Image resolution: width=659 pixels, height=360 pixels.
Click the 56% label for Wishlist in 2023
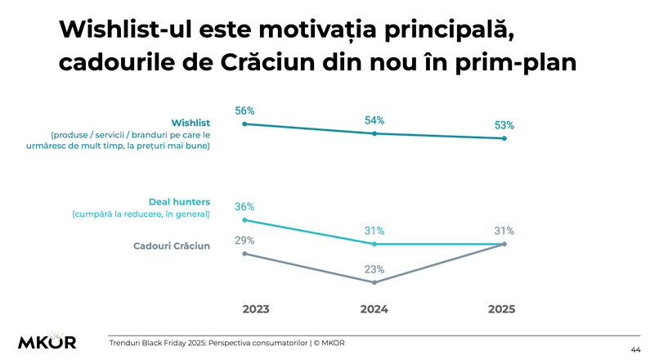point(244,110)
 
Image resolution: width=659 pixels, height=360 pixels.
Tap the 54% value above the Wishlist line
point(374,120)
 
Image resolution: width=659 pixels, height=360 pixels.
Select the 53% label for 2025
point(504,125)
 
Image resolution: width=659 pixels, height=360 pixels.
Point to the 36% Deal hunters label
point(244,207)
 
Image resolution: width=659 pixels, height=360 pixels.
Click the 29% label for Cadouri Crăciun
point(244,241)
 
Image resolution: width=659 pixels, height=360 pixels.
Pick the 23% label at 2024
point(374,269)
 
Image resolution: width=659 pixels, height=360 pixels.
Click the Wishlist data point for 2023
point(244,124)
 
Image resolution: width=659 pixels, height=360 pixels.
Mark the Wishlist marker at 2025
point(504,139)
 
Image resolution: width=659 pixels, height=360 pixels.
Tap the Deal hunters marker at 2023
point(244,220)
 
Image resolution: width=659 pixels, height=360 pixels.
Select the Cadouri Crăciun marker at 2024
point(374,283)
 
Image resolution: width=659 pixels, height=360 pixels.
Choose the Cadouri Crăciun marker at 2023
point(244,254)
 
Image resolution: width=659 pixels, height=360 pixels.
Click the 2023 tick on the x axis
point(256,309)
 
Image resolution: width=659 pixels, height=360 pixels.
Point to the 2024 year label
point(374,309)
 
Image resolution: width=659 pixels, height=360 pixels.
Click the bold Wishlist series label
point(191,123)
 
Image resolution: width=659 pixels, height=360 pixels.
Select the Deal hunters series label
point(179,201)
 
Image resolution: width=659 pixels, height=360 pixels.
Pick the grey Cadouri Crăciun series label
point(172,245)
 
